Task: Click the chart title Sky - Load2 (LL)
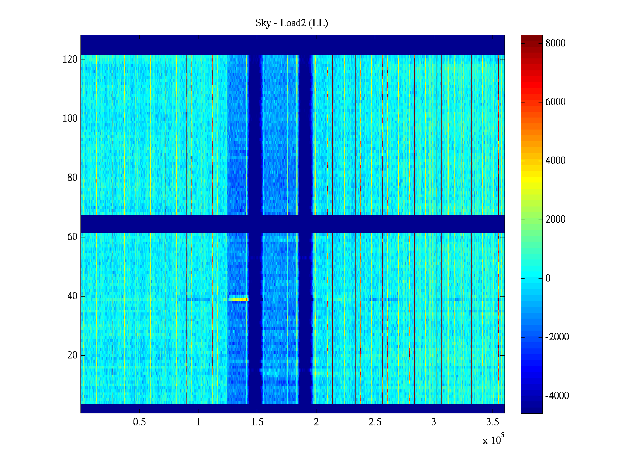(292, 23)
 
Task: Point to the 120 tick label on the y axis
(70, 60)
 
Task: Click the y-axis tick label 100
(70, 119)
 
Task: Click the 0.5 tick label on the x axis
(139, 422)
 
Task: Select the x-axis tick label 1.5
(257, 422)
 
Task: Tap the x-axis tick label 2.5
(375, 422)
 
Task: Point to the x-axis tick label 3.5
(492, 422)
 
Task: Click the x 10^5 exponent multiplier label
(493, 440)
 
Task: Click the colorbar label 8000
(555, 43)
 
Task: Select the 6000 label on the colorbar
(555, 102)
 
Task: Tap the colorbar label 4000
(555, 161)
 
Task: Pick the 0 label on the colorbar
(548, 278)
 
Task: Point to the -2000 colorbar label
(557, 337)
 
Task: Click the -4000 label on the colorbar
(557, 396)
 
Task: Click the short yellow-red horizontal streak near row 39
(238, 299)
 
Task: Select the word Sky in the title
(263, 23)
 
